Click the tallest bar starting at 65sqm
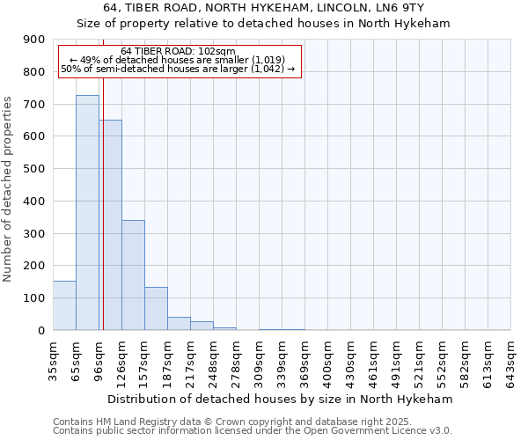tap(87, 212)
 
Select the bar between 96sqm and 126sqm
tap(111, 224)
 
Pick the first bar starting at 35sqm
tap(64, 305)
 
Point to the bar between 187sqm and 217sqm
tap(179, 323)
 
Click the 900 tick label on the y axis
tap(34, 40)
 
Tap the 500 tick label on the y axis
tap(34, 169)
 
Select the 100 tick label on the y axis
tap(34, 298)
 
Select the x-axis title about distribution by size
tap(282, 399)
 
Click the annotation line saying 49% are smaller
tap(179, 60)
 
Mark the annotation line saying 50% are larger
tap(179, 69)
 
